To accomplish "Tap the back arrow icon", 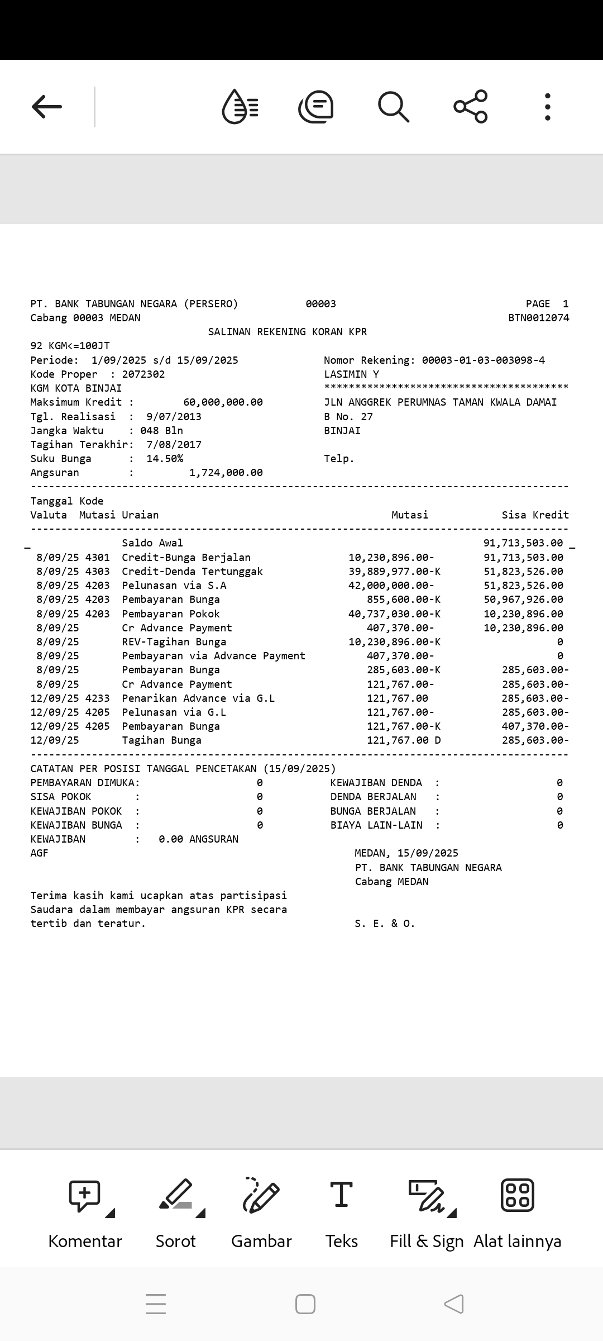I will click(47, 106).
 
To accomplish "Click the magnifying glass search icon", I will click(394, 106).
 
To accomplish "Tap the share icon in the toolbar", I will click(471, 106).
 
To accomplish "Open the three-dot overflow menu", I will click(548, 106).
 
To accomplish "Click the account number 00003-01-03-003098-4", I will click(483, 360).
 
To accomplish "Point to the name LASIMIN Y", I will click(352, 374).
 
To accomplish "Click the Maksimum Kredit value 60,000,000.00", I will click(223, 402).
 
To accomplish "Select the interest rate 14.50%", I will click(165, 459).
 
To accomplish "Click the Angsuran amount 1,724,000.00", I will click(226, 473).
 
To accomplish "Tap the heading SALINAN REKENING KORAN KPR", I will click(288, 332).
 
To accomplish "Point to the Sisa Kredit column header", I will click(535, 515).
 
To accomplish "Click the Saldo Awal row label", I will click(152, 543).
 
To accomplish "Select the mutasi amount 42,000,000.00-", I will click(391, 586).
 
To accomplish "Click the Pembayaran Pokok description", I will click(171, 614).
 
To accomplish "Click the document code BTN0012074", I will click(539, 318).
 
